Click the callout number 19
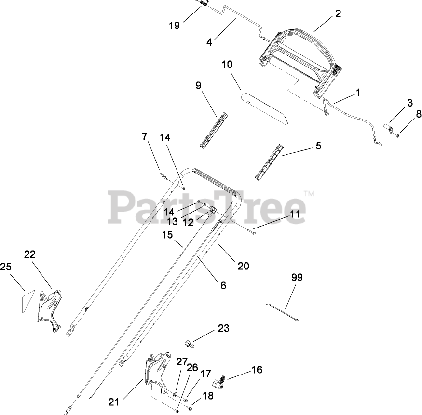tap(175, 26)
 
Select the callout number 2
tap(338, 13)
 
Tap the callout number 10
tap(227, 65)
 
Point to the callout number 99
tap(298, 277)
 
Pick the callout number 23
tap(223, 329)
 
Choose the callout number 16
tap(257, 370)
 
